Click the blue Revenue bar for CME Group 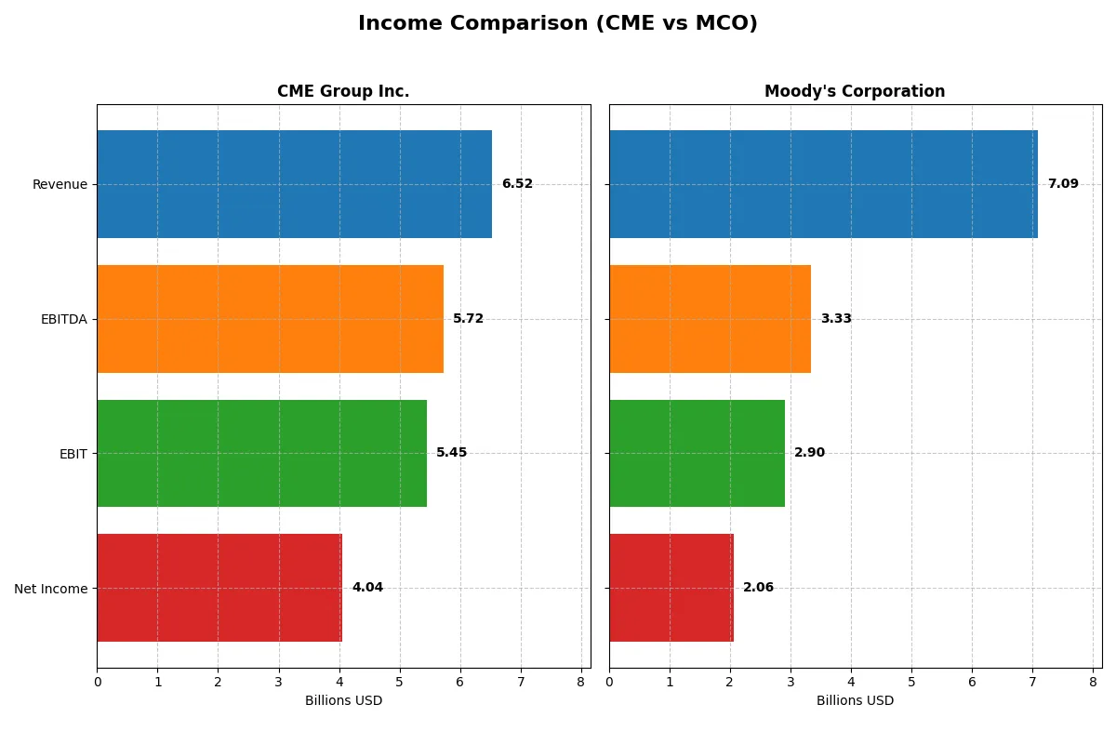(x=294, y=184)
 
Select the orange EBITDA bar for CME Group (x=270, y=319)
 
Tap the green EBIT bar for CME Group (x=261, y=453)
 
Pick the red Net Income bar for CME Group (x=219, y=588)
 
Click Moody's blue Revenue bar (x=823, y=184)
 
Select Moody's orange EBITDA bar (x=710, y=319)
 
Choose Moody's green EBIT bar (x=697, y=453)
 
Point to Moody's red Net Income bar (x=671, y=588)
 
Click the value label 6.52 (x=517, y=184)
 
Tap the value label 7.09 (x=1063, y=184)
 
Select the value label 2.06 (x=758, y=588)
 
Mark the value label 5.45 (x=452, y=453)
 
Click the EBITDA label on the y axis (x=64, y=319)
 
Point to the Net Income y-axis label (x=51, y=589)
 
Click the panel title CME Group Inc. (x=343, y=91)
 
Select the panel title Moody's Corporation (x=855, y=91)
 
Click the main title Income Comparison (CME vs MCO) (x=558, y=24)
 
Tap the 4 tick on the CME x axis (x=339, y=682)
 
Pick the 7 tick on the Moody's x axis (x=1032, y=682)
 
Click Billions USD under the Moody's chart (x=855, y=701)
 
